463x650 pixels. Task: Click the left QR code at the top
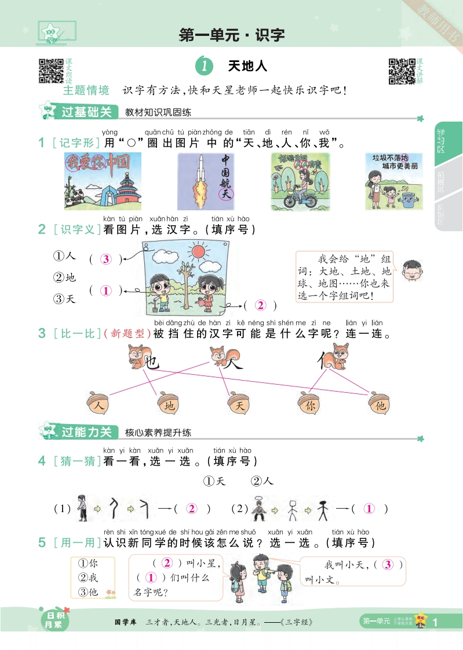[50, 71]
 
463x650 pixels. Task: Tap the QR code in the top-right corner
[402, 71]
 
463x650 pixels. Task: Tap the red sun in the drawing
[199, 251]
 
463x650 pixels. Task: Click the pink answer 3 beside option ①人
[105, 260]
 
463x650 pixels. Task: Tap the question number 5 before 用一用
[41, 543]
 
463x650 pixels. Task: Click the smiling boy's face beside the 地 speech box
[411, 270]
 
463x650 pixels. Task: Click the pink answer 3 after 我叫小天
[388, 565]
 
